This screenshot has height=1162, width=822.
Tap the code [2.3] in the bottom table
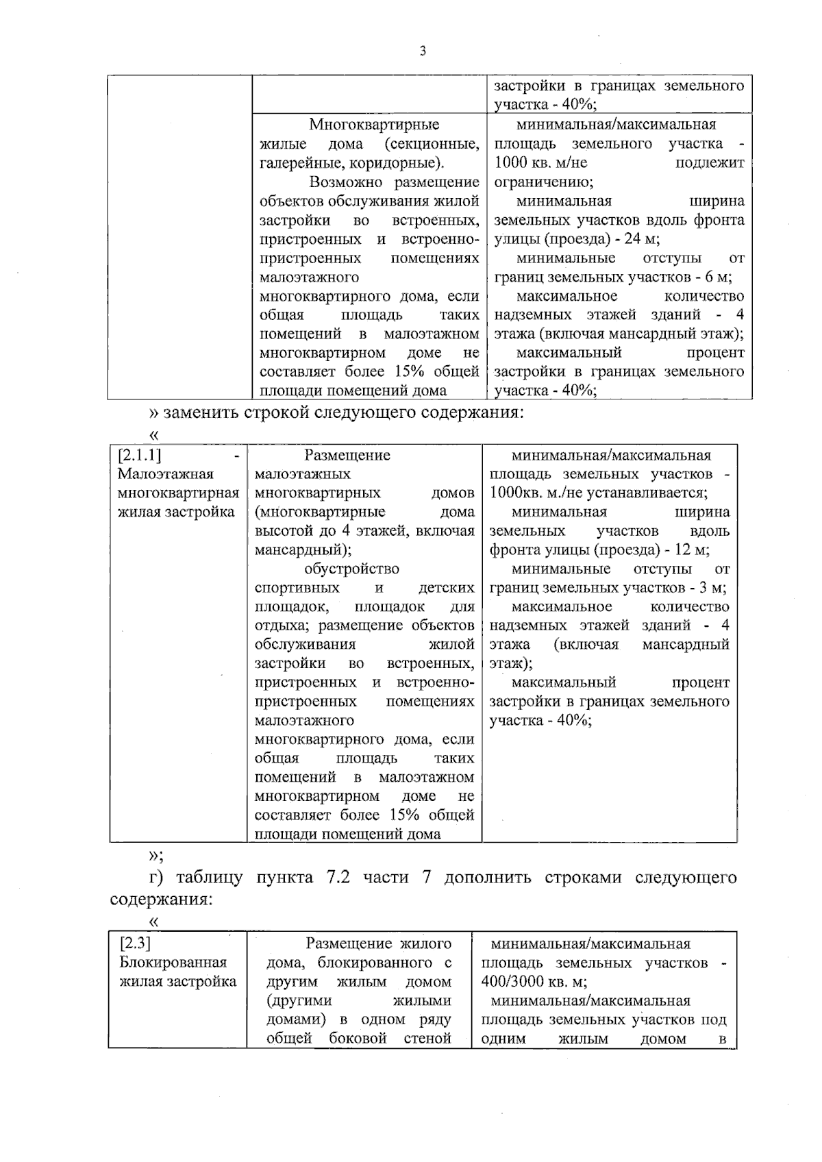coord(135,943)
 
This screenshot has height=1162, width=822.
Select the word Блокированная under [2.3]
coord(173,963)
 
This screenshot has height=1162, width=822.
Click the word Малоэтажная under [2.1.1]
coord(166,474)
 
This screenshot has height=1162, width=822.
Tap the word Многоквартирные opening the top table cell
coord(374,125)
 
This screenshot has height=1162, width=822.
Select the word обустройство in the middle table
coord(352,569)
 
